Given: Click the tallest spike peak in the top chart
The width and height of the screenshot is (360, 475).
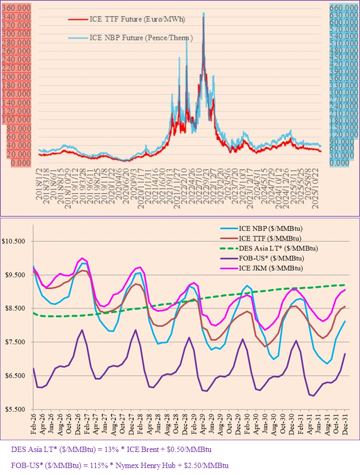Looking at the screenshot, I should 203,13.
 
